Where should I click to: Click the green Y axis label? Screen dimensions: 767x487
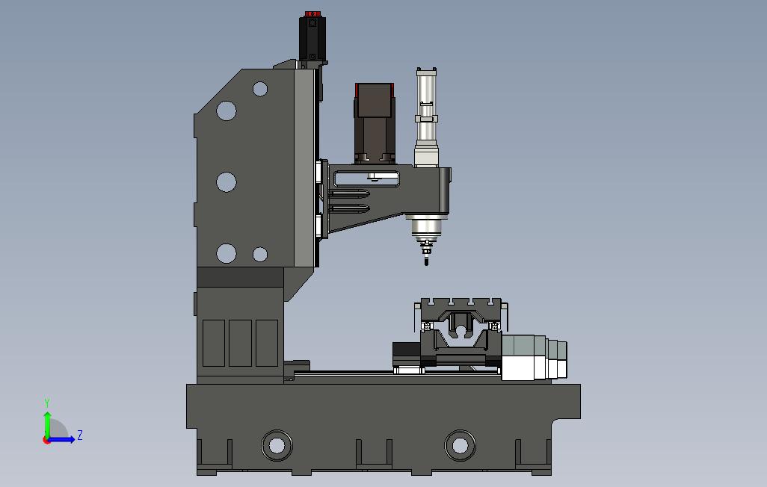click(x=47, y=403)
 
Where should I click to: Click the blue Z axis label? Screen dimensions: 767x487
click(x=80, y=435)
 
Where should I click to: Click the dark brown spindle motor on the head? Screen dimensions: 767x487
click(x=375, y=122)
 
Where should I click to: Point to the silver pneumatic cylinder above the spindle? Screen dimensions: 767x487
click(x=427, y=117)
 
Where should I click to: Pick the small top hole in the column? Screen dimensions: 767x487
click(x=259, y=89)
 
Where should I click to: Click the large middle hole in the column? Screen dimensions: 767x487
click(x=227, y=182)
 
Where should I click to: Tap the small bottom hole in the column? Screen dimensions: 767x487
click(x=259, y=254)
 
